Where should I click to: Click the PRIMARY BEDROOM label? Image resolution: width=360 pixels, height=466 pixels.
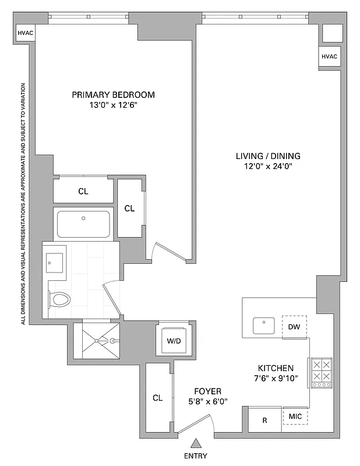click(x=113, y=95)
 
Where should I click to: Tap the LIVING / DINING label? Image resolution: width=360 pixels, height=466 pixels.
click(x=268, y=156)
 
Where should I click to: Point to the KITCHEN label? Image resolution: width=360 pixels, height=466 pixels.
click(x=276, y=369)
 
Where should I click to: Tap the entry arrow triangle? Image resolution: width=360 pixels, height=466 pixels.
click(x=197, y=443)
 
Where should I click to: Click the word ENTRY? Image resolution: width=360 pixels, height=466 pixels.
click(x=195, y=456)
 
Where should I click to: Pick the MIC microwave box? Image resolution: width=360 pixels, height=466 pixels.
click(x=295, y=417)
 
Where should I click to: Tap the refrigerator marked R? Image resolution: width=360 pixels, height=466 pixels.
click(x=264, y=419)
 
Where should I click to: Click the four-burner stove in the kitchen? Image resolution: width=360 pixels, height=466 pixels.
click(x=321, y=373)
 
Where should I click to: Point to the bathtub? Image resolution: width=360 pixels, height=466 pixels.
click(x=83, y=224)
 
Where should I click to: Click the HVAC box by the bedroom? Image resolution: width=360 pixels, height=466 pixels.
click(x=25, y=33)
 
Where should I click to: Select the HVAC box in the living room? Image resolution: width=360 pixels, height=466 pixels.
click(x=329, y=57)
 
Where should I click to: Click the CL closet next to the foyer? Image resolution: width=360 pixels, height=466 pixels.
click(x=157, y=398)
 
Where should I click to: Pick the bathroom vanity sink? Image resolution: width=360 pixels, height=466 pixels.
click(x=55, y=261)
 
